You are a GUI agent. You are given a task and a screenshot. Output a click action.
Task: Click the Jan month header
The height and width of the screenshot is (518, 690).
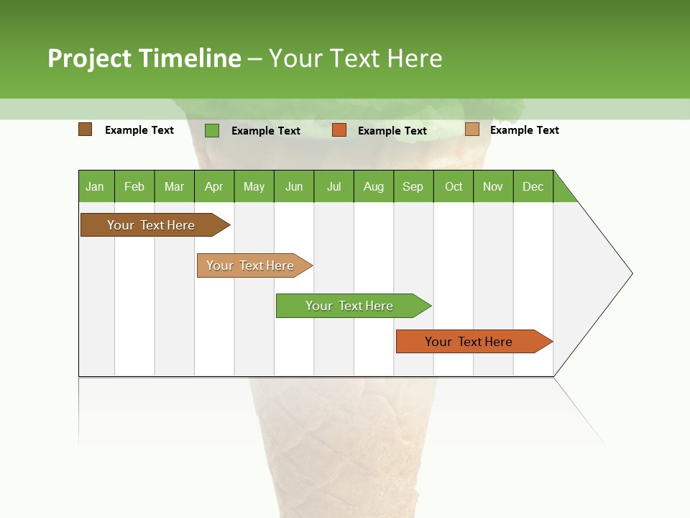[96, 186]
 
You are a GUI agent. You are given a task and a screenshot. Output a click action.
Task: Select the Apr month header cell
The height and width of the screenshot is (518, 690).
[214, 186]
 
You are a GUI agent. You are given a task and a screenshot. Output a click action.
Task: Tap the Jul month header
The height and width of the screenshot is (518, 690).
[333, 186]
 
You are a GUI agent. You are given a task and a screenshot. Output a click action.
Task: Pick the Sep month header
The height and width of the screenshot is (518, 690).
[413, 186]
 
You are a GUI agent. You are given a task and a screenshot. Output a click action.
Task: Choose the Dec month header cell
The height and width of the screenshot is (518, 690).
[533, 186]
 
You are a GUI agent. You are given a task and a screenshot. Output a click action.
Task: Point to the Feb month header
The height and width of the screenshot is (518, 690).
[134, 186]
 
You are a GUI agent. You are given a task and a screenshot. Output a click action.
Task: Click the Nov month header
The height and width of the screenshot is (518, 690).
[493, 186]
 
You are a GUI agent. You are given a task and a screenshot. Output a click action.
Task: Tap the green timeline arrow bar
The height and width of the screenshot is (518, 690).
[350, 306]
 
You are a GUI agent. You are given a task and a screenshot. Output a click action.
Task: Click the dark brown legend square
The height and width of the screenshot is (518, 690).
[85, 129]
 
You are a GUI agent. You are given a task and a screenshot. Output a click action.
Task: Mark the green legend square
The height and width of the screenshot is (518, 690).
[211, 130]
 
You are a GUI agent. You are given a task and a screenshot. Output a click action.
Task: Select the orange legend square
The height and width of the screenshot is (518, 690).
[339, 130]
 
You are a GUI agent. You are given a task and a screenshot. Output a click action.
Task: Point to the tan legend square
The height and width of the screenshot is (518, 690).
[471, 129]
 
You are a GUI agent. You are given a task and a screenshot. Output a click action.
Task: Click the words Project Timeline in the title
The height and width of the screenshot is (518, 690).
[144, 58]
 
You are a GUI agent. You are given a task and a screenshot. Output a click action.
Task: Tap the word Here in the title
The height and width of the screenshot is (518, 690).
[415, 58]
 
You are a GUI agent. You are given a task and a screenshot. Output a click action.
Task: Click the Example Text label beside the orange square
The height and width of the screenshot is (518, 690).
[392, 131]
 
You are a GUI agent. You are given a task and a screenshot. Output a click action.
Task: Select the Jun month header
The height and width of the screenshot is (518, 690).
[294, 186]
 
